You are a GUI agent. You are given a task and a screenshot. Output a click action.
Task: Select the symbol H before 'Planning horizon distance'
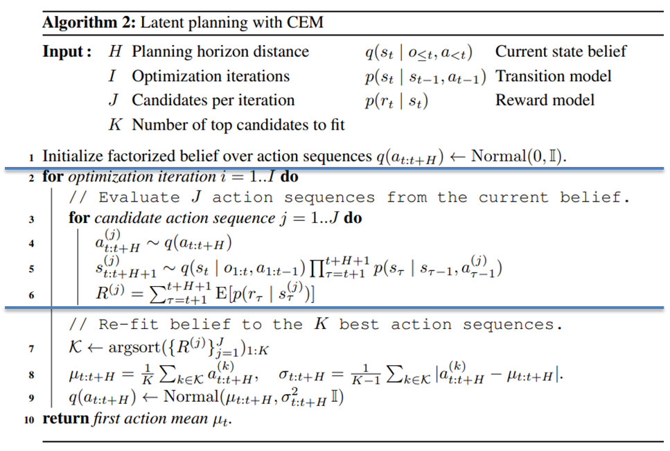(x=116, y=52)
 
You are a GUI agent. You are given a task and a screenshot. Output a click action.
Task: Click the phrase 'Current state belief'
(x=561, y=52)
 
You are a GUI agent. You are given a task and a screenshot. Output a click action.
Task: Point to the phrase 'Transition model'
(x=554, y=76)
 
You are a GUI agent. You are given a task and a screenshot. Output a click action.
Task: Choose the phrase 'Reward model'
(x=545, y=100)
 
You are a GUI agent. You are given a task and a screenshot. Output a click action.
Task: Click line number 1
(x=33, y=157)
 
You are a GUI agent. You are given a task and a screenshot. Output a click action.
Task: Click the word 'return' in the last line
(x=66, y=419)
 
